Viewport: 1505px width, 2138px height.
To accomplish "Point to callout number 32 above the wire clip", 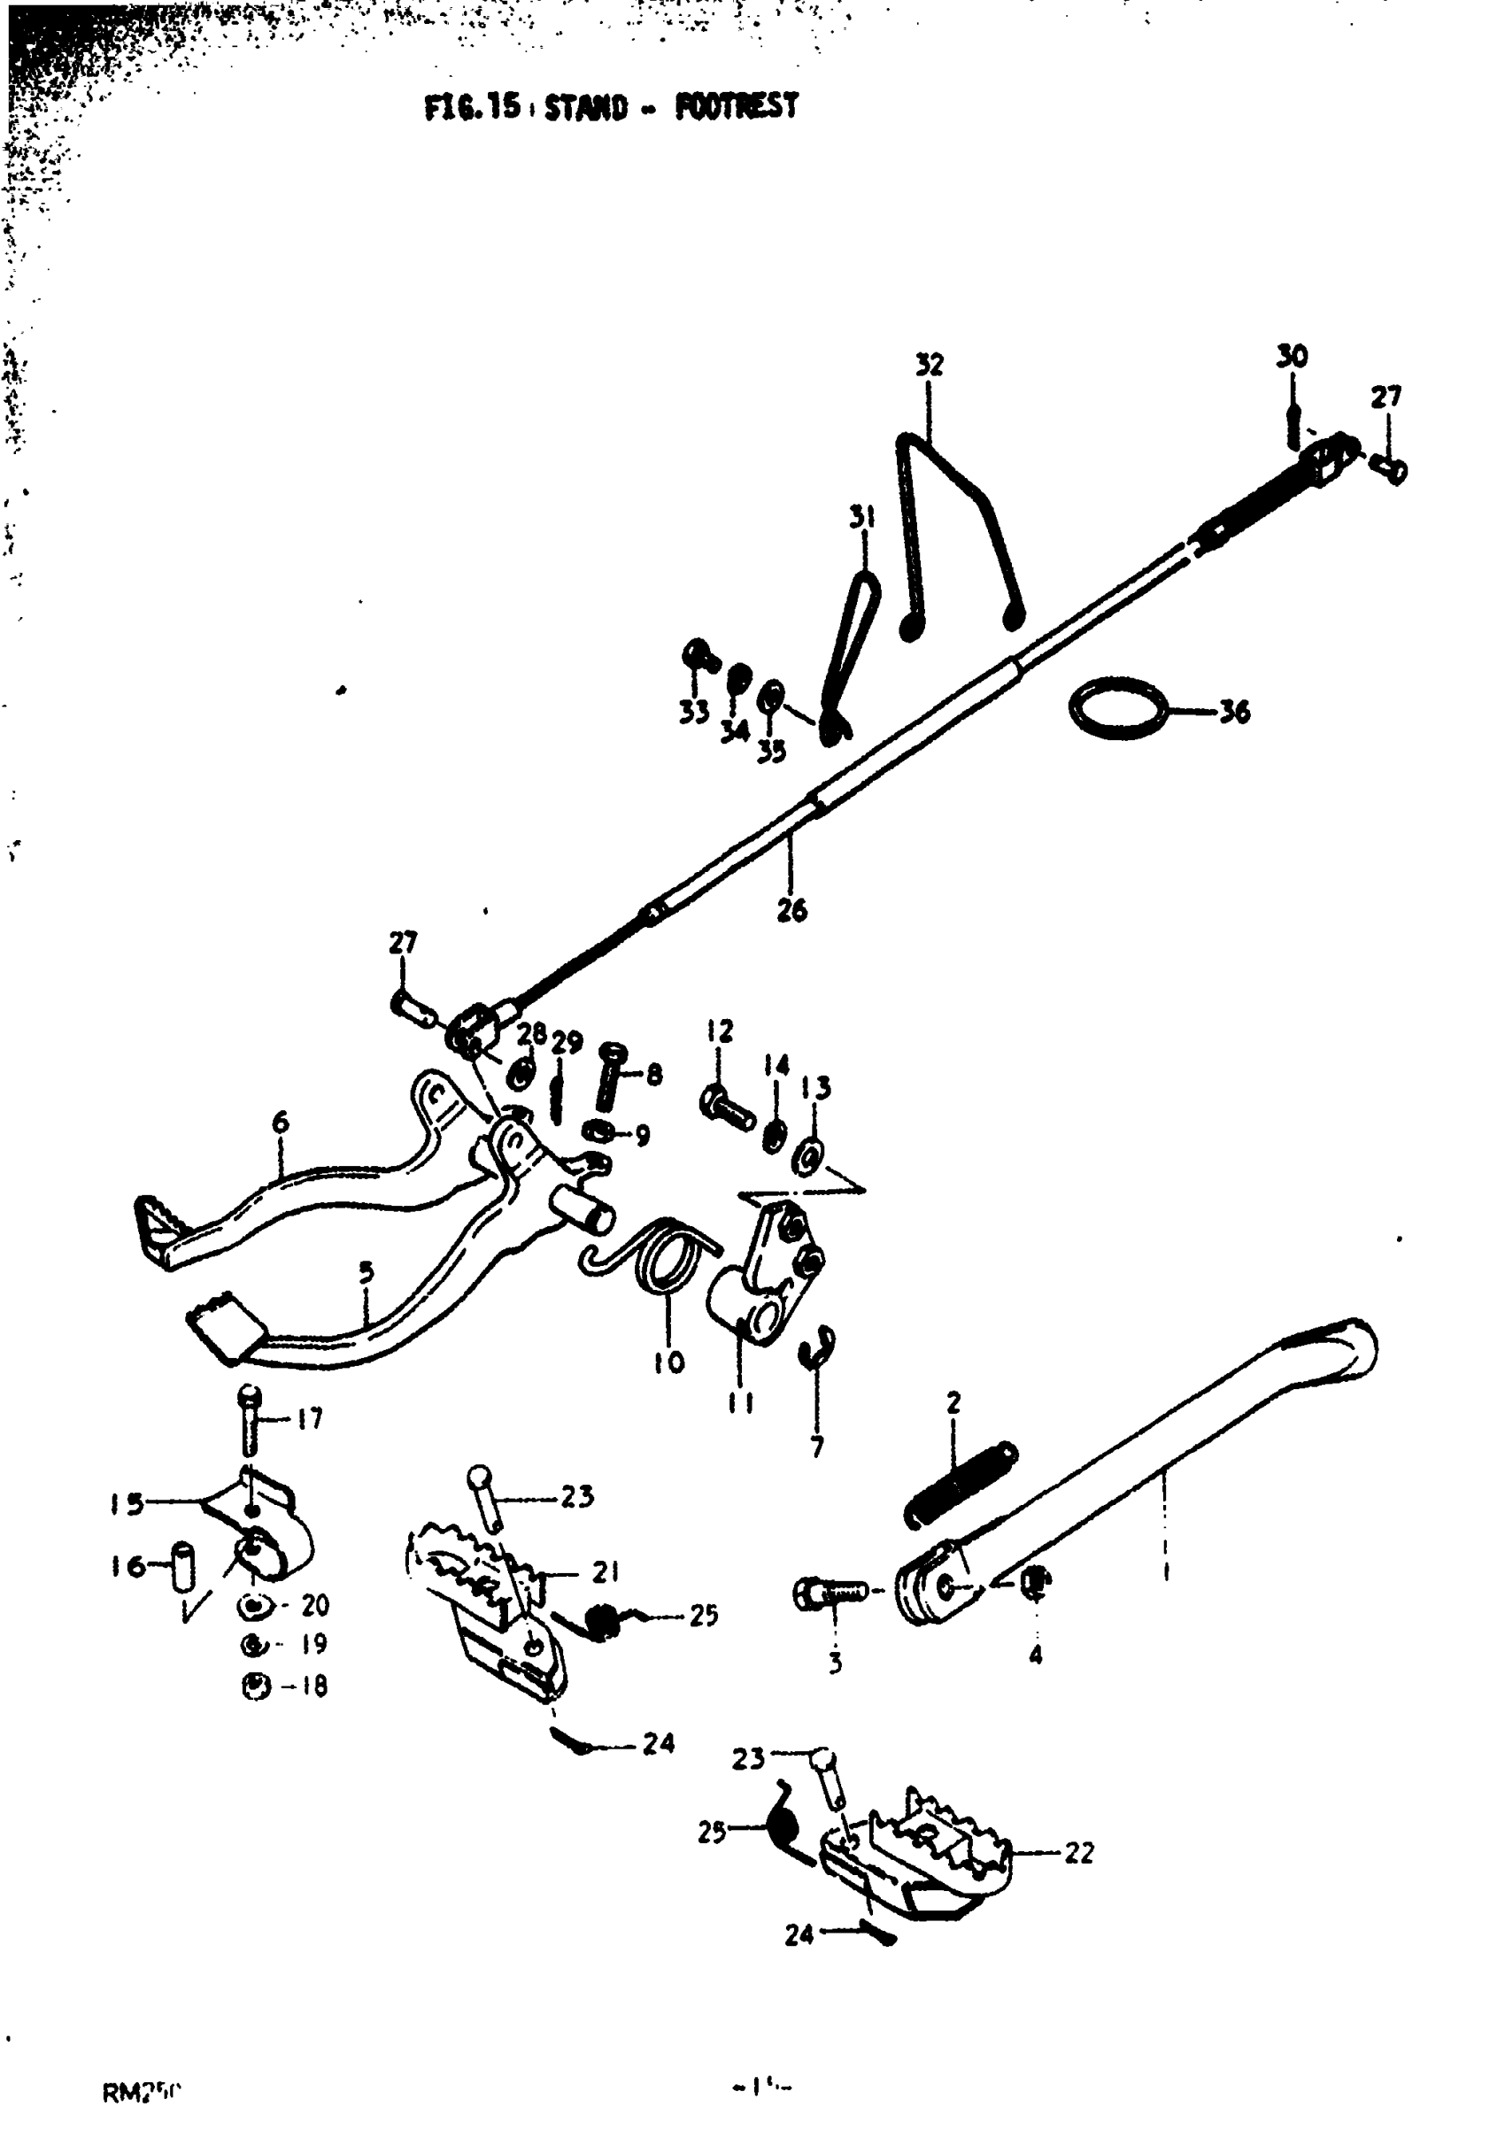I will [930, 364].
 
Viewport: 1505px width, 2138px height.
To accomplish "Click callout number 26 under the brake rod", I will [791, 910].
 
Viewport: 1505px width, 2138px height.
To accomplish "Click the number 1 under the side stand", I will [1166, 1571].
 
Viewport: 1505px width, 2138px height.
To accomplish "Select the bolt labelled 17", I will [250, 1421].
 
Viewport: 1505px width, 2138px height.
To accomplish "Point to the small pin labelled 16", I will [184, 1564].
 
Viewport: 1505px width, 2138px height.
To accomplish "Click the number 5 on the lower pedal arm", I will [366, 1273].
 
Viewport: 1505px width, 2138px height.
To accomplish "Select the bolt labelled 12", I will [728, 1108].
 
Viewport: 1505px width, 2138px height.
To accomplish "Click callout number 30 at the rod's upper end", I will [1291, 356].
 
